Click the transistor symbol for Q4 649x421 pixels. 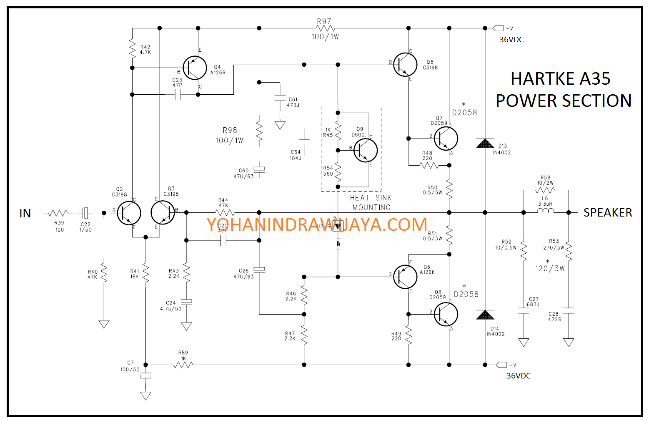coord(195,68)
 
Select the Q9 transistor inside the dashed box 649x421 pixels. coord(366,150)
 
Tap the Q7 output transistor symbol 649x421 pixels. coord(446,139)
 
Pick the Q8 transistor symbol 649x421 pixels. coord(446,314)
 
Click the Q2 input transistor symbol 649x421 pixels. coord(129,213)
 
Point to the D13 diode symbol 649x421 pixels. coord(485,144)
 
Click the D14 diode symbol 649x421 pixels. coord(485,315)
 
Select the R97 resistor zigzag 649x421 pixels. coord(326,28)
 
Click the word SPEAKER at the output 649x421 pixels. coord(607,213)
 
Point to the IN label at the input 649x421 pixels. coord(25,214)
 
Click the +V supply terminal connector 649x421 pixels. coord(498,28)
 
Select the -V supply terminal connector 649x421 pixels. coord(501,365)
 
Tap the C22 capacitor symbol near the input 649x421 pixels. coord(85,213)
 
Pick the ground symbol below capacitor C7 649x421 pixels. coord(145,396)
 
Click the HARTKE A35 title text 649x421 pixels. coord(560,79)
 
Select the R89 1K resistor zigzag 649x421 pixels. coord(183,365)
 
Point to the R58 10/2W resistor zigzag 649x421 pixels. coord(546,190)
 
